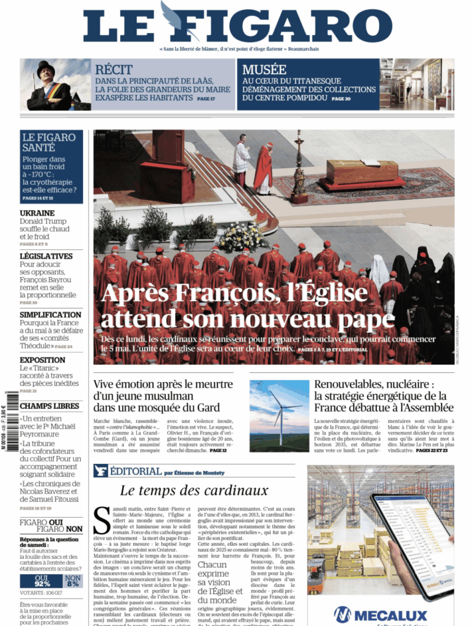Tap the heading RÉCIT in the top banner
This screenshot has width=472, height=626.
coord(114,69)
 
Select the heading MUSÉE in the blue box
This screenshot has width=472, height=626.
coord(264,69)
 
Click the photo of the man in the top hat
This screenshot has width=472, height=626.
coord(49,85)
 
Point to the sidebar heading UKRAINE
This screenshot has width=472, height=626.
coord(37,213)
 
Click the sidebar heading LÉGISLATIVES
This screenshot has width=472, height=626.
coord(46,256)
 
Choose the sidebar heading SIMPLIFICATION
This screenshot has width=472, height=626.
coord(50,314)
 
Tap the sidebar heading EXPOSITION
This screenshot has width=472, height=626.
coord(42,360)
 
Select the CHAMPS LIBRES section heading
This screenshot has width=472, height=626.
coord(49,406)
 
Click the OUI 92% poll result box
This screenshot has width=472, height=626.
coord(42,581)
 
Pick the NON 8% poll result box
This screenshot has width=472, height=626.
coord(73,581)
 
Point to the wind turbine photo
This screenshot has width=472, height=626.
coord(279,416)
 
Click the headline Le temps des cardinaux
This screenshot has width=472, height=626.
coord(194,490)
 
